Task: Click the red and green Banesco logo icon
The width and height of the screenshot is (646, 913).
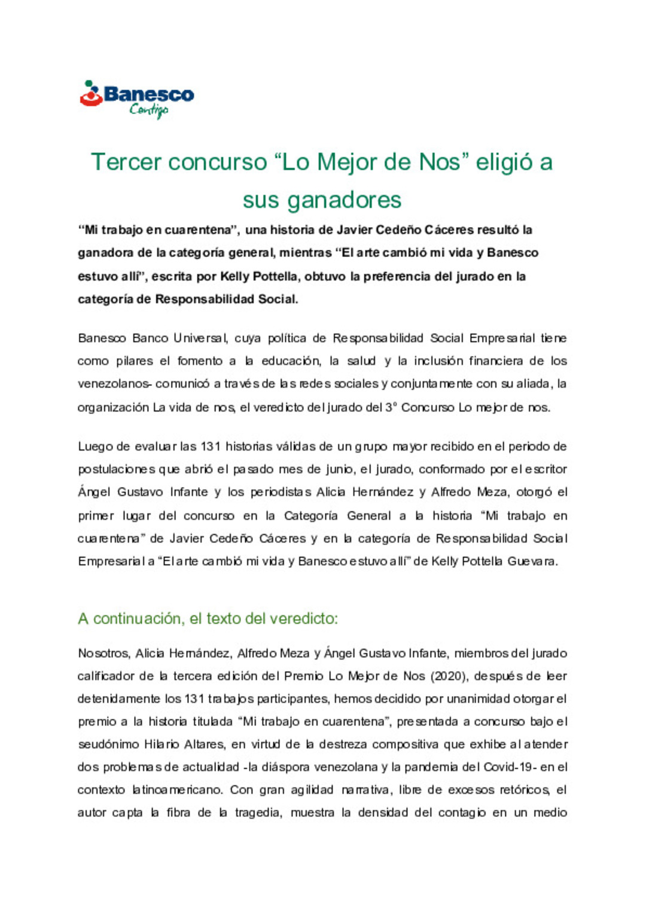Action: (91, 94)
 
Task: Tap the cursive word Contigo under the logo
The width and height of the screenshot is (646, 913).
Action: (149, 110)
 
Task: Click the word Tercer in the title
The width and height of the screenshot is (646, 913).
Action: (126, 162)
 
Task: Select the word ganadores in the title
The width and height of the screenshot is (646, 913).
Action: (344, 200)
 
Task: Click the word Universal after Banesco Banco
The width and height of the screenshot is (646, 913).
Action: (200, 338)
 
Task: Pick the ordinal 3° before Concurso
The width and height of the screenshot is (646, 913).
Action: (391, 408)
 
